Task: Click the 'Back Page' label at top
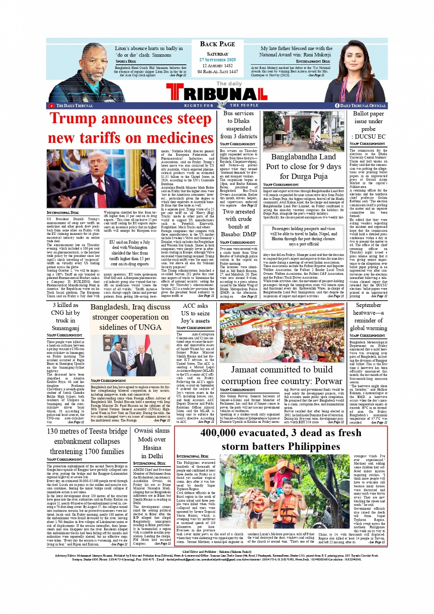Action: click(217, 44)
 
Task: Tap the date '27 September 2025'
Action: click(217, 60)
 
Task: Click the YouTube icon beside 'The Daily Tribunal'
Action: click(52, 106)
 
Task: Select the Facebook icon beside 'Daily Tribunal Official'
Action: click(337, 106)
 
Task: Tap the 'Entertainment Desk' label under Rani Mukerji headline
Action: click(313, 61)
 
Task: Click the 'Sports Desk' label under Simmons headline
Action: click(125, 61)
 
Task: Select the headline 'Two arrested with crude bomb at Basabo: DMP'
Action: click(238, 222)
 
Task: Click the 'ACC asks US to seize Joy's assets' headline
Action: click(195, 313)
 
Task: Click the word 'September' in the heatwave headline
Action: click(368, 305)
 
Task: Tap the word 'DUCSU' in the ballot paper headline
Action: click(367, 136)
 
